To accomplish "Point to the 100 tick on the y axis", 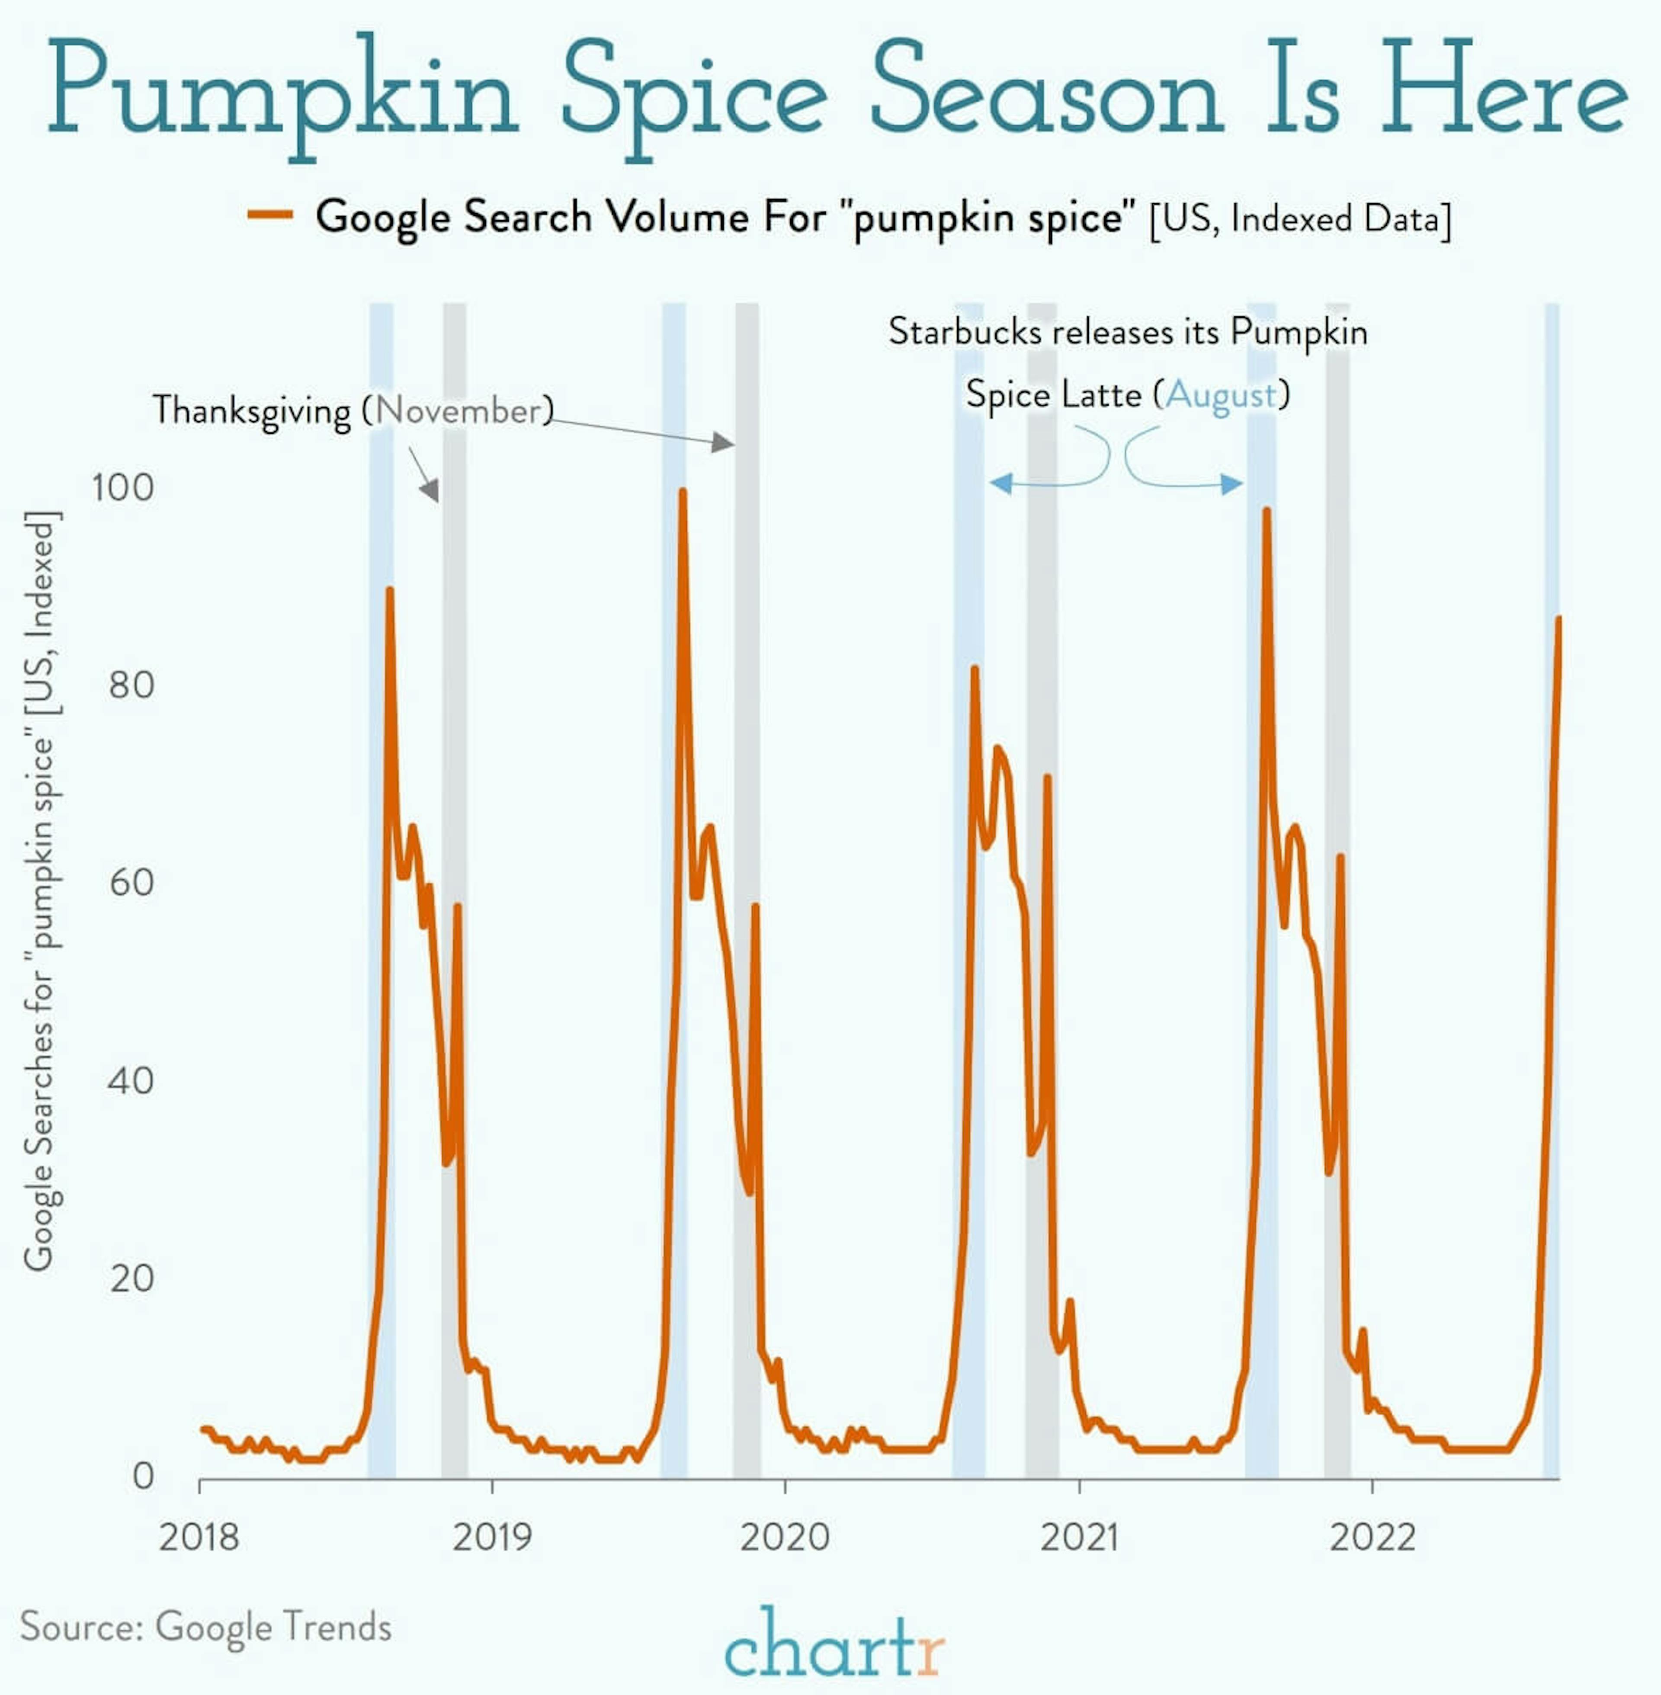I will [123, 487].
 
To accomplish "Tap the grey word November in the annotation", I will [459, 410].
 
